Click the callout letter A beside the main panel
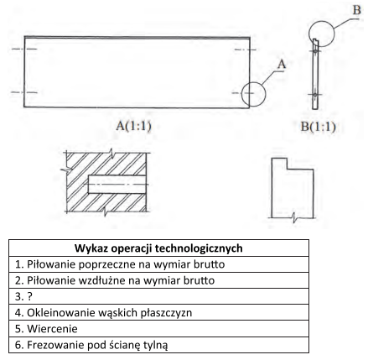(x=282, y=64)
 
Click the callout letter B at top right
(x=356, y=10)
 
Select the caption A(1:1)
(x=133, y=126)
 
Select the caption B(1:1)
(x=318, y=127)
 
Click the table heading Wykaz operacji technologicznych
(x=158, y=248)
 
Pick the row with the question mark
(x=158, y=296)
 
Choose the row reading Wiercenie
(x=158, y=329)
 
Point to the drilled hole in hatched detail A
(x=117, y=185)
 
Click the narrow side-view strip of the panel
(x=315, y=74)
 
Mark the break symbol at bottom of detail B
(x=293, y=217)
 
